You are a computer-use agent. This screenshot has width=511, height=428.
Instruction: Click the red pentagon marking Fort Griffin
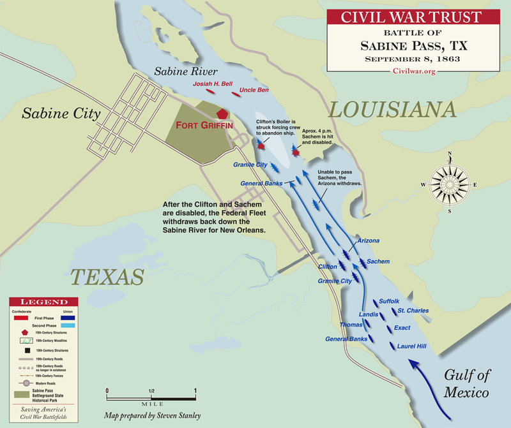(222, 114)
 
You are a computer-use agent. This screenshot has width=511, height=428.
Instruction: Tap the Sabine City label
(61, 114)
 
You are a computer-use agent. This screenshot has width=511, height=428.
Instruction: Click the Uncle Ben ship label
(254, 91)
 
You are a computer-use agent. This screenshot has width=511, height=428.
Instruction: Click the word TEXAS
(107, 276)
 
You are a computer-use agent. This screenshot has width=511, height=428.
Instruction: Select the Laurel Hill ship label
(415, 346)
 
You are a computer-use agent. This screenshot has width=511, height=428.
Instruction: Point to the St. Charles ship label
(413, 311)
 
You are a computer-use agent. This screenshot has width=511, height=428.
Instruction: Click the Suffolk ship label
(389, 300)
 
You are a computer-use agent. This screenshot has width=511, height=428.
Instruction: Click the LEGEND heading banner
(44, 301)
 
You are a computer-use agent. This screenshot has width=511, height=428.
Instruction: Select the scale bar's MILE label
(150, 403)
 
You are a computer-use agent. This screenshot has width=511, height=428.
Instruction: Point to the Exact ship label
(402, 328)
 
